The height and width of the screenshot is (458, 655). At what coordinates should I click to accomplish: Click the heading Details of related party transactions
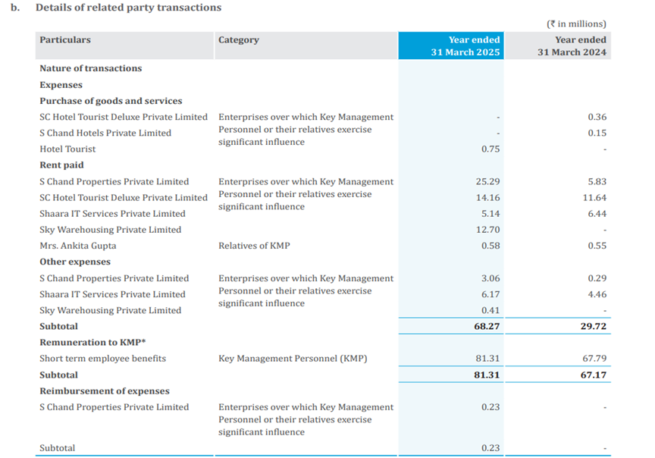tap(128, 8)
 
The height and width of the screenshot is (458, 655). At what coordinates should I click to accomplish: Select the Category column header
tap(238, 40)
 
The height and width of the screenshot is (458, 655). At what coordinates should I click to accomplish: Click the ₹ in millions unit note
tap(576, 24)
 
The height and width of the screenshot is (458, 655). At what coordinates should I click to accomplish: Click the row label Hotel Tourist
tap(67, 149)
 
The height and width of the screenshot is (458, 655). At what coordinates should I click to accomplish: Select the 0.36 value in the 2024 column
tap(597, 118)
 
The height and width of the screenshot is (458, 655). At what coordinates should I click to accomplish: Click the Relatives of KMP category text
tap(254, 246)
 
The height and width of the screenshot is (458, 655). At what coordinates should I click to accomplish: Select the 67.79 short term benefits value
tap(595, 359)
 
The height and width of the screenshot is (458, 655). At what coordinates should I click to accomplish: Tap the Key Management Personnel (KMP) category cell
tap(292, 359)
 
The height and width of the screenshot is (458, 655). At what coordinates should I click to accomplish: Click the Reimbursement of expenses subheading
tap(105, 391)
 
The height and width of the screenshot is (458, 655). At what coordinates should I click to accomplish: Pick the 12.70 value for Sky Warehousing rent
tap(489, 230)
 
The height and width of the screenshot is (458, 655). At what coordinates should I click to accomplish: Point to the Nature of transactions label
tap(90, 68)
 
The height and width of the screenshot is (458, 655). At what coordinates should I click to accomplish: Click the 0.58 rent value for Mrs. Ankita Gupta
tap(490, 246)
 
